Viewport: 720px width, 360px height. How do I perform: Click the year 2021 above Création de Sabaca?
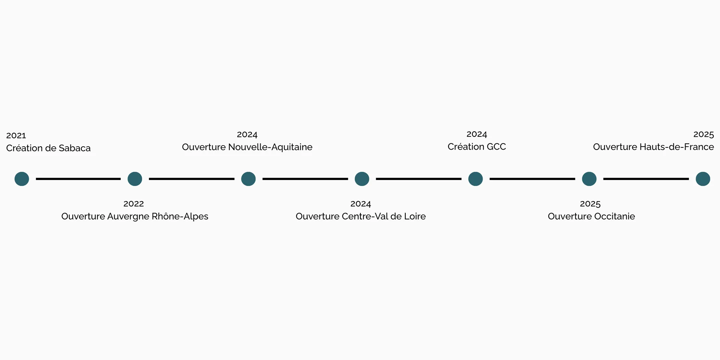(16, 135)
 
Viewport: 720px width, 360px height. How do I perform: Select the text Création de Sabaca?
(48, 148)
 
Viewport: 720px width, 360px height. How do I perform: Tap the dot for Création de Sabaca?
(22, 179)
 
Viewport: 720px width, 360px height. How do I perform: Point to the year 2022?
(133, 204)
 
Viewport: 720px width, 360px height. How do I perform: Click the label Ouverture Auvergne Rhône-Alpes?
(135, 216)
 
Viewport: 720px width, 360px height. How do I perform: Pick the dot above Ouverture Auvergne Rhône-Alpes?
(135, 179)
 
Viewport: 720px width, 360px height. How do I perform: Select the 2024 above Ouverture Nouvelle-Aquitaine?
(247, 135)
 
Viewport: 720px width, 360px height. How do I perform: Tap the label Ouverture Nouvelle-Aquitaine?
(247, 147)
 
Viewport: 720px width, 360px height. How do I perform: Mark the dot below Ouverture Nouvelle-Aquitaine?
(248, 179)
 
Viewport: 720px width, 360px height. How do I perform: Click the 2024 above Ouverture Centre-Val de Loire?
(361, 204)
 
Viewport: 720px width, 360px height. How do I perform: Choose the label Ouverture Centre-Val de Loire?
(361, 216)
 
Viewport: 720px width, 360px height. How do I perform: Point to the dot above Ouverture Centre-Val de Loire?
(362, 179)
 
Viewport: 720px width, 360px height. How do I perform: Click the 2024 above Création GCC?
(477, 134)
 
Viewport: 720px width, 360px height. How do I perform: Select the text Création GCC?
(477, 147)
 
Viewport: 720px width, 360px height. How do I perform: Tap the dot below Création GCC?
(475, 179)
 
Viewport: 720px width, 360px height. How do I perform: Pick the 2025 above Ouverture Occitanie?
(590, 204)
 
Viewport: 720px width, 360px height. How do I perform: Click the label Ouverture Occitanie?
(591, 216)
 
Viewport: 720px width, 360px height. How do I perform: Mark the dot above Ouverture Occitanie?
(589, 179)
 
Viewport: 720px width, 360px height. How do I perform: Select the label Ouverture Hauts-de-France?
(653, 147)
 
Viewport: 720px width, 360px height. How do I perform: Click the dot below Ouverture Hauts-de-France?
(703, 179)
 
